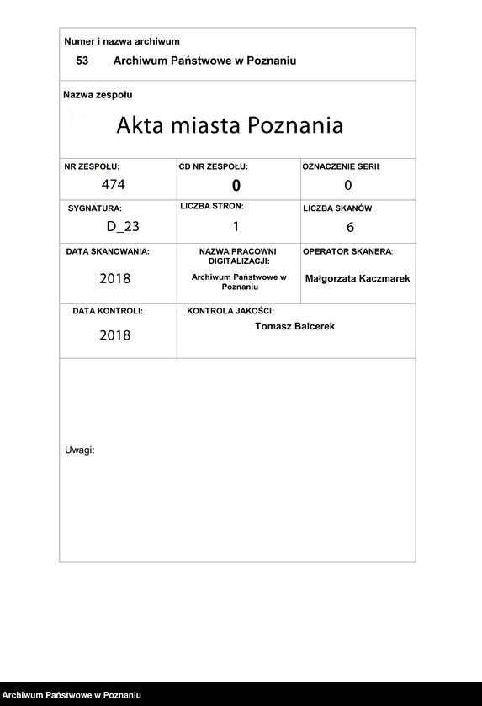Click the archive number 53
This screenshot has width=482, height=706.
(82, 61)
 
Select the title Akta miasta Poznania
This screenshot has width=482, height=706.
(230, 126)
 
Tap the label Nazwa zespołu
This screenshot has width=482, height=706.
(98, 95)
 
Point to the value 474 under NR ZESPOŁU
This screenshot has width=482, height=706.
(113, 185)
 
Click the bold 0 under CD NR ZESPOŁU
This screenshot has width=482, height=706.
(236, 186)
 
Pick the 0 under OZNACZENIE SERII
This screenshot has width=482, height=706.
(347, 186)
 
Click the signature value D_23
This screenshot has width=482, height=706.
(123, 225)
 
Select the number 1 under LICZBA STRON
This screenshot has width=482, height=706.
(236, 225)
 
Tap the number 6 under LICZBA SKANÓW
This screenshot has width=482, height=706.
(350, 227)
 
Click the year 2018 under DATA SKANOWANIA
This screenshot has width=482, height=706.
(115, 278)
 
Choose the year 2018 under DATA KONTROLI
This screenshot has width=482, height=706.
(115, 335)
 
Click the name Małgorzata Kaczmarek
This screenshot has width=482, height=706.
(358, 278)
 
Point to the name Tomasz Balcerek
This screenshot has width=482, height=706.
(294, 326)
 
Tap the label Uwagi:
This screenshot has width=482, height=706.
(80, 450)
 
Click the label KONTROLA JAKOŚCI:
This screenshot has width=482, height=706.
(230, 311)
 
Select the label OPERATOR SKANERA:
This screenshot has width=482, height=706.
(347, 251)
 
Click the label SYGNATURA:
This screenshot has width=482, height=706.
(95, 208)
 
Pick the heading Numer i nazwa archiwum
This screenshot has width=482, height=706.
(122, 41)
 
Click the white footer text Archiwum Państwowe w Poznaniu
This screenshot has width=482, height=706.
(71, 696)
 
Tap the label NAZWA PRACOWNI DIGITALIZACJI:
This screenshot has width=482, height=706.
(238, 256)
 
